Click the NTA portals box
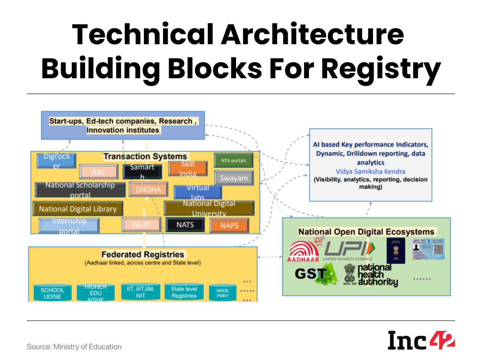pyautogui.click(x=234, y=161)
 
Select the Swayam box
pyautogui.click(x=234, y=178)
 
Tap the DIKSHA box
pyautogui.click(x=148, y=190)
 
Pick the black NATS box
pyautogui.click(x=185, y=225)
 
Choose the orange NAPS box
pyautogui.click(x=229, y=225)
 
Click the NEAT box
pyautogui.click(x=141, y=225)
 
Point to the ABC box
pyautogui.click(x=99, y=172)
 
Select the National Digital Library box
pyautogui.click(x=78, y=209)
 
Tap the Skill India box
pyautogui.click(x=188, y=169)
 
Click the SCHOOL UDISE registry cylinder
pyautogui.click(x=52, y=293)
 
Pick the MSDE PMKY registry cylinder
pyautogui.click(x=223, y=293)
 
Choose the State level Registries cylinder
pyautogui.click(x=184, y=292)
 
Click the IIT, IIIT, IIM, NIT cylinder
pyautogui.click(x=141, y=292)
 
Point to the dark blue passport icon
pyautogui.click(x=396, y=251)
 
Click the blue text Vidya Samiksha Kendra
pyautogui.click(x=370, y=171)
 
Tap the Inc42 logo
pyautogui.click(x=421, y=341)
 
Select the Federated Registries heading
pyautogui.click(x=143, y=254)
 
